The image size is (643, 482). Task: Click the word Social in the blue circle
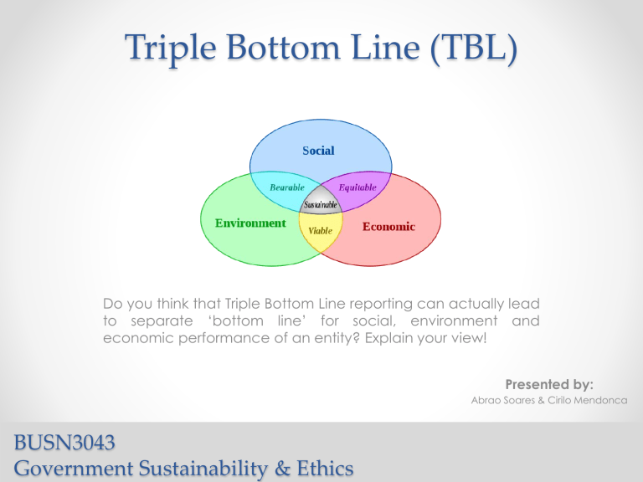point(317,151)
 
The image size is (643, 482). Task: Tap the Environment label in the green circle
point(250,223)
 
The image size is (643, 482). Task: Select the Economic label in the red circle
point(388,227)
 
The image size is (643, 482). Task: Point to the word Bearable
point(287,187)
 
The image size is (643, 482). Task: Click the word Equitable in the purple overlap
point(358,187)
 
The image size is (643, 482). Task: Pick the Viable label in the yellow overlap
point(320,230)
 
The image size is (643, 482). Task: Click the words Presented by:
point(550,384)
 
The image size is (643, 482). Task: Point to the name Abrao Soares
point(512,402)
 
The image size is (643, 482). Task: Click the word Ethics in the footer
point(321,469)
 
